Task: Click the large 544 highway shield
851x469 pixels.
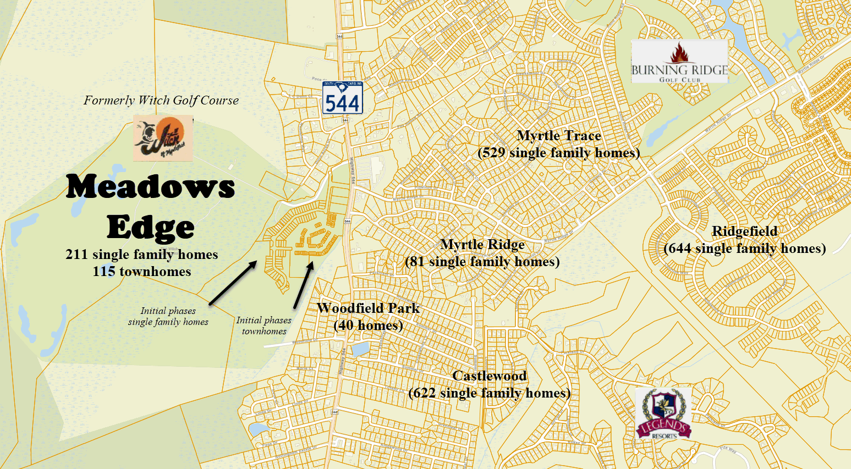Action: [342, 99]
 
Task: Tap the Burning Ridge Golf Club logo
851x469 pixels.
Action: [679, 62]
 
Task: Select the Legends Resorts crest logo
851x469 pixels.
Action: [663, 413]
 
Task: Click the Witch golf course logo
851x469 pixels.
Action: [163, 138]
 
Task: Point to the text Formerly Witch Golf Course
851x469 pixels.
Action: [161, 101]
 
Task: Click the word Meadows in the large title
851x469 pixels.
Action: [150, 187]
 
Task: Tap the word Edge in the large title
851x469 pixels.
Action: [150, 227]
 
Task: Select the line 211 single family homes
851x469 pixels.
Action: [142, 255]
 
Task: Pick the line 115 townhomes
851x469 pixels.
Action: [142, 272]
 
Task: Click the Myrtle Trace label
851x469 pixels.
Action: [559, 136]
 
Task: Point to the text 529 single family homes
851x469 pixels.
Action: [559, 153]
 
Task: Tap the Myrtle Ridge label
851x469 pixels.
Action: [482, 245]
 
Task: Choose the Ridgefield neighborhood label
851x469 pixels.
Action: [744, 231]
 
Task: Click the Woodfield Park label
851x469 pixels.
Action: [368, 308]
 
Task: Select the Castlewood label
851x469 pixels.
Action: [489, 376]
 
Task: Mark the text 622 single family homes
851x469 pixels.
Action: [489, 393]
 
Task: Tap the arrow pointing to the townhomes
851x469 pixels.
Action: [304, 285]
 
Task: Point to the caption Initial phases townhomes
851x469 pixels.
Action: [264, 325]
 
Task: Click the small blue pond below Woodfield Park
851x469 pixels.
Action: [360, 349]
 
